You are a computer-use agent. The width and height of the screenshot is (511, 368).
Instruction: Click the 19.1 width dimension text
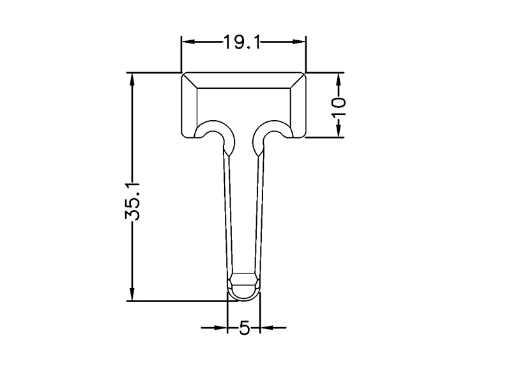coord(241,42)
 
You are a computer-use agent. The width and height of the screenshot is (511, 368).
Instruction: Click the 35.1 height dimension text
coord(132,201)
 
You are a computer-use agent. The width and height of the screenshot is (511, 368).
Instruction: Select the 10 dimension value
coord(339,107)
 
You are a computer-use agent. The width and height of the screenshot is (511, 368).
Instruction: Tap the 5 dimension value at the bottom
coord(244,328)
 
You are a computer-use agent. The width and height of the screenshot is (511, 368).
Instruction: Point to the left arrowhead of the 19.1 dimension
coord(188,42)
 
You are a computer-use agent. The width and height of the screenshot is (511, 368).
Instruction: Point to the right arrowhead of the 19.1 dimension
coord(299,42)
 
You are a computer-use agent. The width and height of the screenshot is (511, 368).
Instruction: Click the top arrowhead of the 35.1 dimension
coord(132,79)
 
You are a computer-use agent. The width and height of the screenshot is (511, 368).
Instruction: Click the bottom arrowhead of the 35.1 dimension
coord(132,295)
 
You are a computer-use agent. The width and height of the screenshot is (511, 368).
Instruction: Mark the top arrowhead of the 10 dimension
coord(339,79)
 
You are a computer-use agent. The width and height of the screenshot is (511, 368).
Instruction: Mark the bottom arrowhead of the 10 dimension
coord(339,131)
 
